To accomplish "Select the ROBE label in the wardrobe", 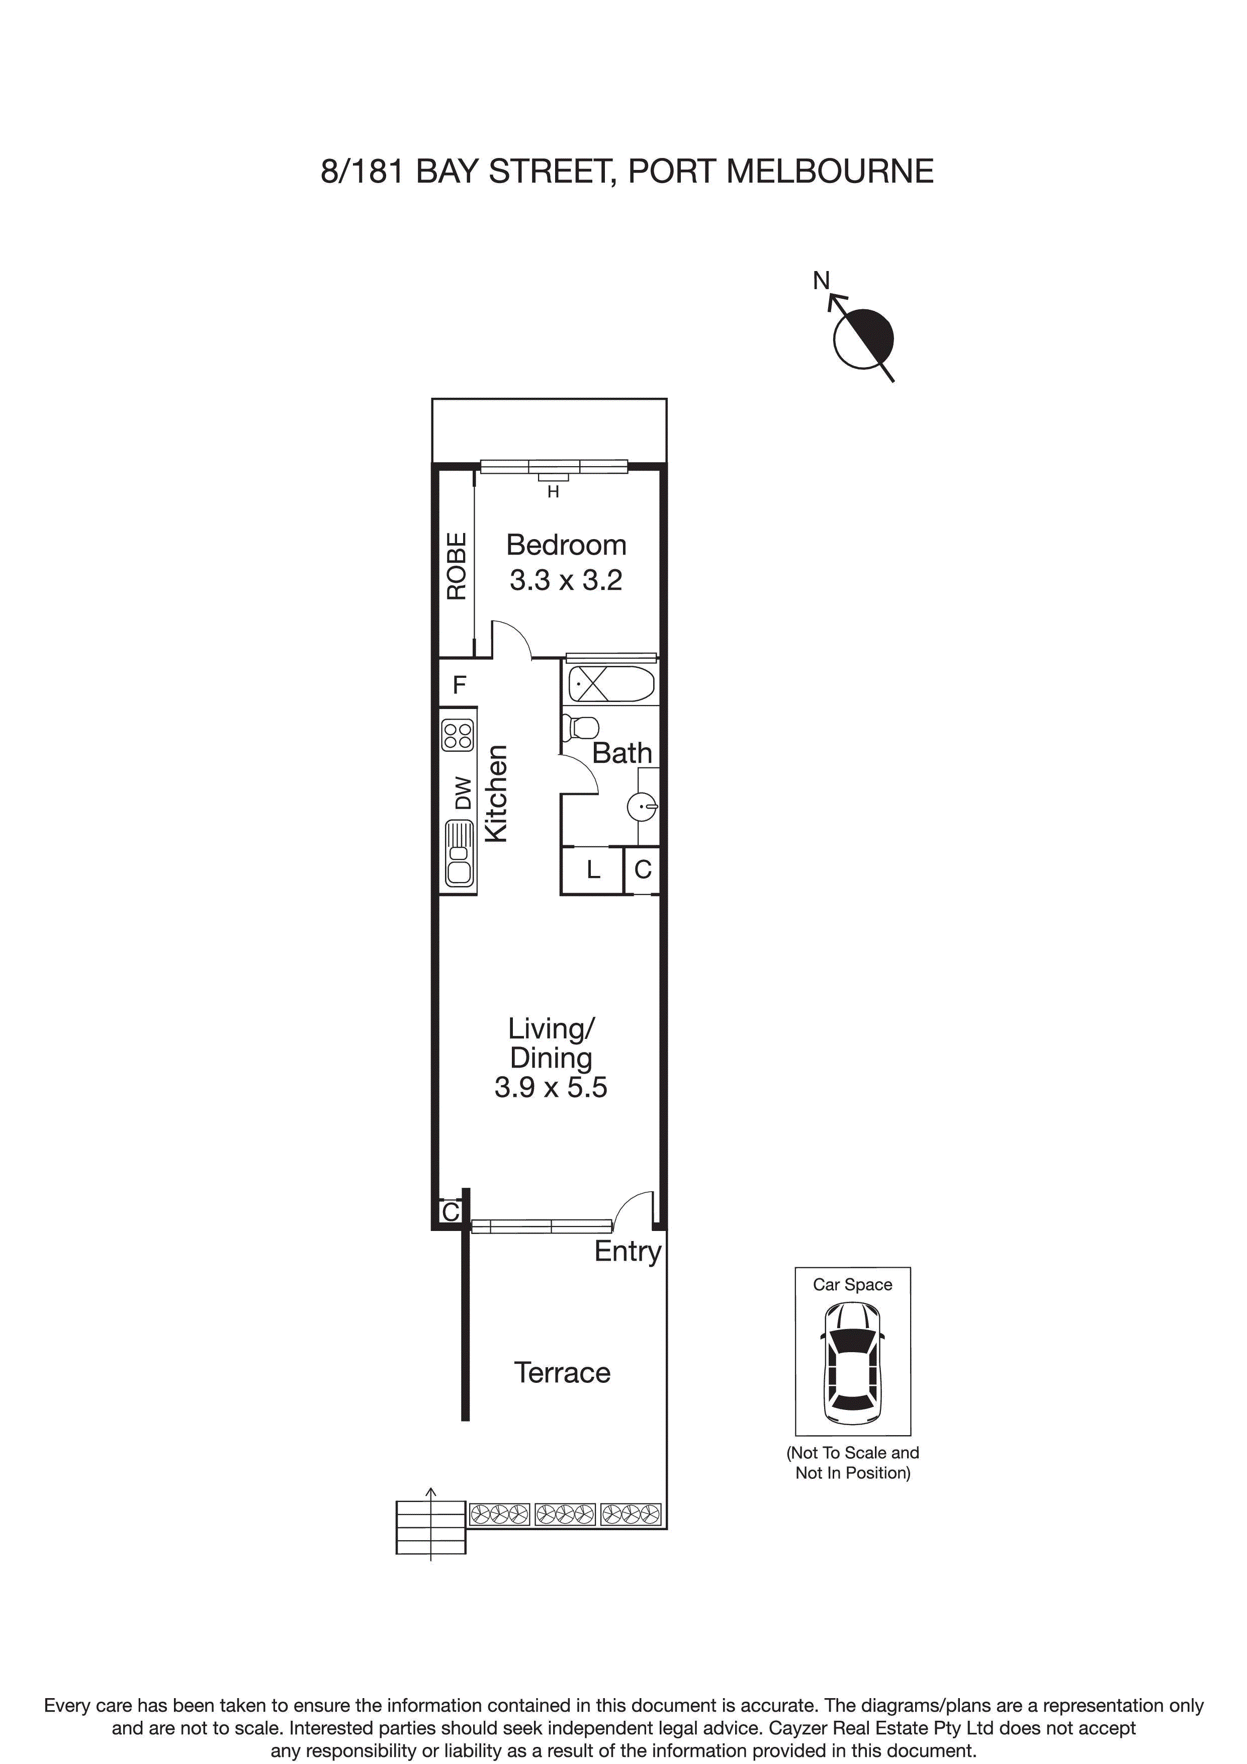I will (x=457, y=566).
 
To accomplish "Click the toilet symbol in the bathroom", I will (x=582, y=727).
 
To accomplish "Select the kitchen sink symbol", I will (x=459, y=853).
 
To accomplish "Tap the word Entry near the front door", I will (x=627, y=1252).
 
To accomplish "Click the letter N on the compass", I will (x=821, y=281).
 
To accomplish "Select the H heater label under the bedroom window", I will (x=553, y=492).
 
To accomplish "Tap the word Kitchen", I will (x=496, y=793).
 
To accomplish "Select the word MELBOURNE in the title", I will (x=830, y=171).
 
